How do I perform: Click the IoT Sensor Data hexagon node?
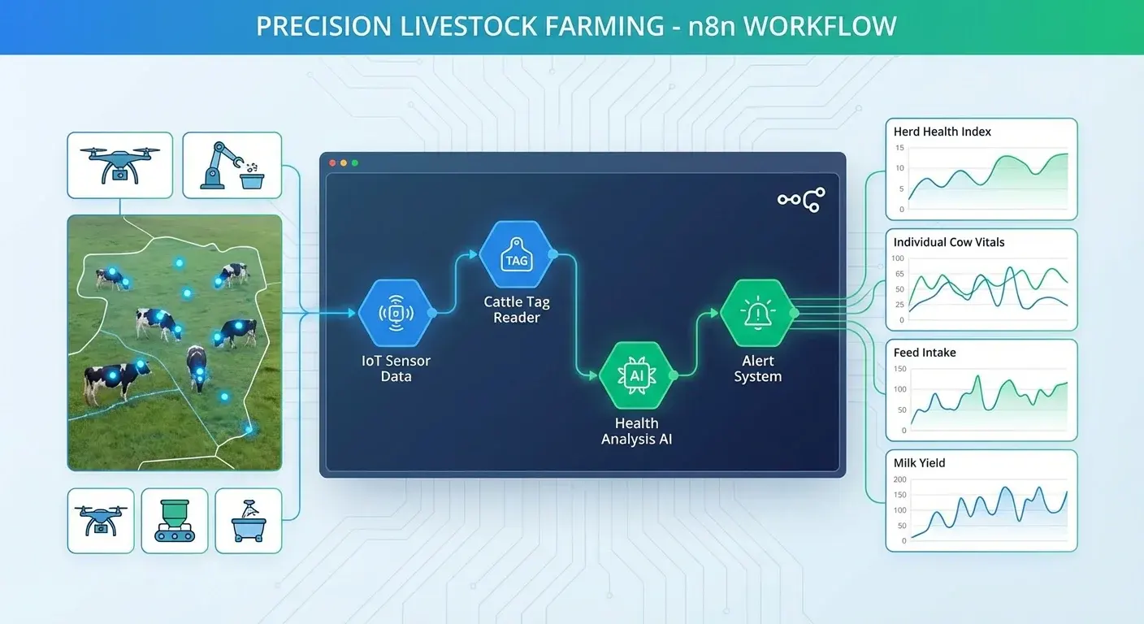click(x=395, y=313)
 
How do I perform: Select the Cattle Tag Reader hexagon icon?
click(x=516, y=254)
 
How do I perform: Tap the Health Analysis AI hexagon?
click(x=636, y=375)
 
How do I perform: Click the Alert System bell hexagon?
click(x=757, y=313)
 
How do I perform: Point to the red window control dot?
click(x=332, y=163)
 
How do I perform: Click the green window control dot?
click(x=355, y=163)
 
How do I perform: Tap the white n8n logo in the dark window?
click(x=801, y=200)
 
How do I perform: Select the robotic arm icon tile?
click(x=232, y=166)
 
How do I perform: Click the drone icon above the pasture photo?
click(x=119, y=166)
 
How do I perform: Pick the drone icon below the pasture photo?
click(x=100, y=521)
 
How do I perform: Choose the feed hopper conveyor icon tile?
click(x=174, y=521)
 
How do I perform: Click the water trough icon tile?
click(x=248, y=521)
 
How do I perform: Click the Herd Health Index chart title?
click(x=942, y=132)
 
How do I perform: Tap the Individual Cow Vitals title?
click(x=948, y=242)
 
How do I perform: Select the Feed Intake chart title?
click(x=925, y=353)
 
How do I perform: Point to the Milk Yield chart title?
click(x=919, y=463)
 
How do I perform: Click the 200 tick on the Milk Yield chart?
click(x=899, y=480)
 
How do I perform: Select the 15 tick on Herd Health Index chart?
click(x=899, y=148)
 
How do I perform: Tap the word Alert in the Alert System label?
click(x=757, y=361)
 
